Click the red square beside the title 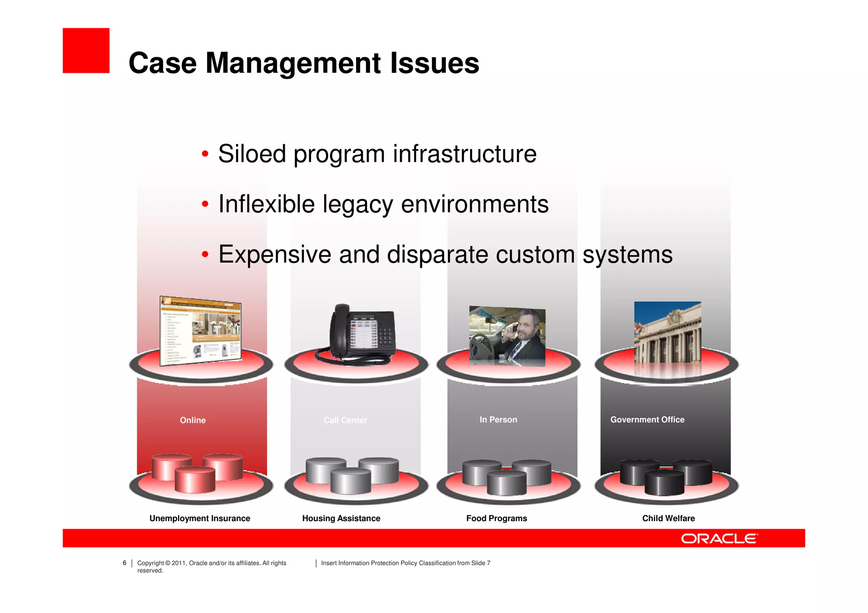point(86,50)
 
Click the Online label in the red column point(192,420)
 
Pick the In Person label point(498,419)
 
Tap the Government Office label point(647,419)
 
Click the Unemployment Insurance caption point(200,518)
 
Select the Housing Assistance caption point(341,518)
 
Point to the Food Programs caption point(496,518)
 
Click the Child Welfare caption point(668,518)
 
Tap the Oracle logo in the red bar point(719,538)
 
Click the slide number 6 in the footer point(125,563)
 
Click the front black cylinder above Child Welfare point(664,483)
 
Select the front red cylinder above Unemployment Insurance point(195,480)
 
